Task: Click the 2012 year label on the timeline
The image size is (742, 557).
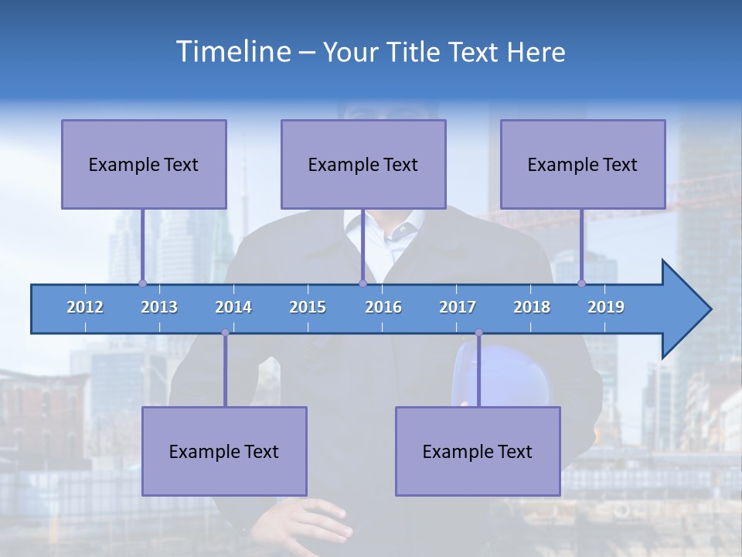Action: [85, 307]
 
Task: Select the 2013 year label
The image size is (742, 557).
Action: [159, 307]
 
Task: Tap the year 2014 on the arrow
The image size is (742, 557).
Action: [233, 307]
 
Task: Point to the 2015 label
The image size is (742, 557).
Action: [308, 307]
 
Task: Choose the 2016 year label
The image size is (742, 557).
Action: [383, 307]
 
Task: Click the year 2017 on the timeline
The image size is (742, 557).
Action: [458, 307]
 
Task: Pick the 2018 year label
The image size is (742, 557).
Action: [532, 307]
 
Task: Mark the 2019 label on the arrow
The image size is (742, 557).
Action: [606, 307]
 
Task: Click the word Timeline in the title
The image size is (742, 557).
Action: [233, 52]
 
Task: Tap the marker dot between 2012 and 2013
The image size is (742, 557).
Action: [142, 283]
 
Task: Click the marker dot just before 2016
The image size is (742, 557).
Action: [362, 283]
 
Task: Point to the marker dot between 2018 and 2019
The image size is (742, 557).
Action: [581, 283]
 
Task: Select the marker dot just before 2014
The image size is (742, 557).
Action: [225, 333]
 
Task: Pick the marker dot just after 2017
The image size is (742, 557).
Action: [478, 333]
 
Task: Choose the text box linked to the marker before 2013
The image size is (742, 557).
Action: [144, 164]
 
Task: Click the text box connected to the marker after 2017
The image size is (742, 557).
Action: [478, 451]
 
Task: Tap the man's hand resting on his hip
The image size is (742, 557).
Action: [305, 522]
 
